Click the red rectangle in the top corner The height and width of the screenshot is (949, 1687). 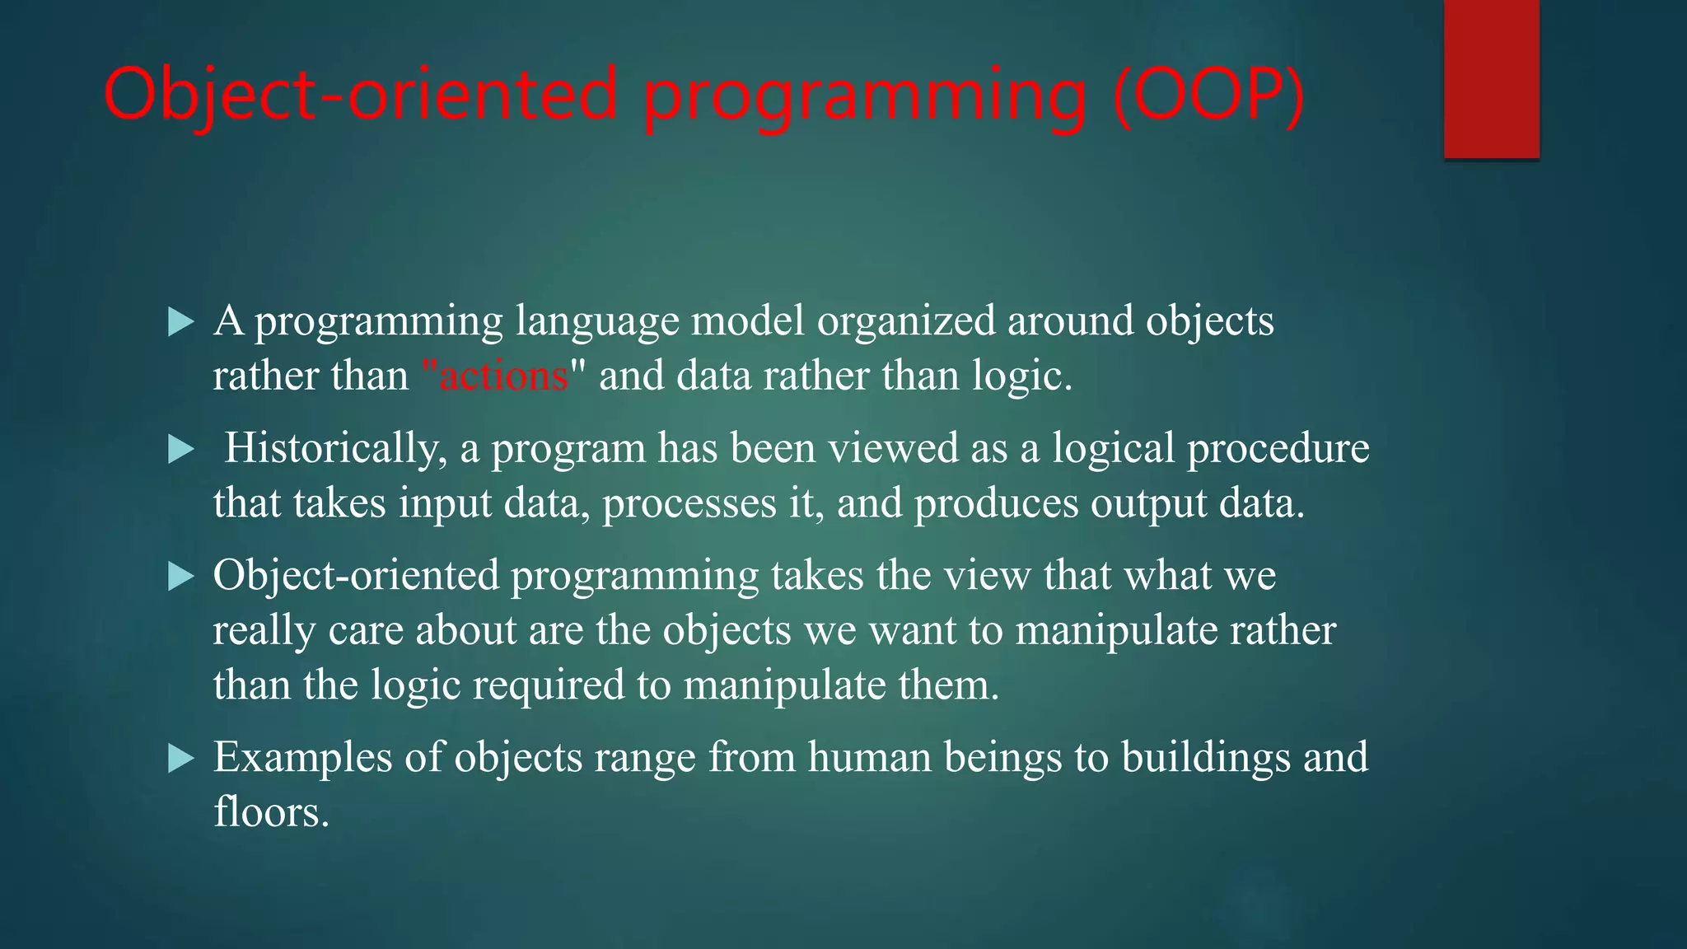pyautogui.click(x=1491, y=79)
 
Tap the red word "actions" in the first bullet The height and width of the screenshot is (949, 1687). pyautogui.click(x=503, y=376)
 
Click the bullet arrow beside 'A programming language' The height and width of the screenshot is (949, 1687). pyautogui.click(x=180, y=321)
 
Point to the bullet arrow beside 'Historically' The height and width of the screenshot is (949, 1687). pyautogui.click(x=180, y=449)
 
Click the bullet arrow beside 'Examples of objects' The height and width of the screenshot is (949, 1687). pyautogui.click(x=180, y=758)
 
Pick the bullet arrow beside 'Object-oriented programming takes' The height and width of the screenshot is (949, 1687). pyautogui.click(x=180, y=576)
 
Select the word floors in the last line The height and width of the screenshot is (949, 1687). pyautogui.click(x=271, y=811)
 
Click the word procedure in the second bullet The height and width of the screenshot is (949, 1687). pyautogui.click(x=1278, y=449)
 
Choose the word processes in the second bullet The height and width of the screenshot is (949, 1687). pyautogui.click(x=689, y=504)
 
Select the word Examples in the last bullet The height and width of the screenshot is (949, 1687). pyautogui.click(x=302, y=758)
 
